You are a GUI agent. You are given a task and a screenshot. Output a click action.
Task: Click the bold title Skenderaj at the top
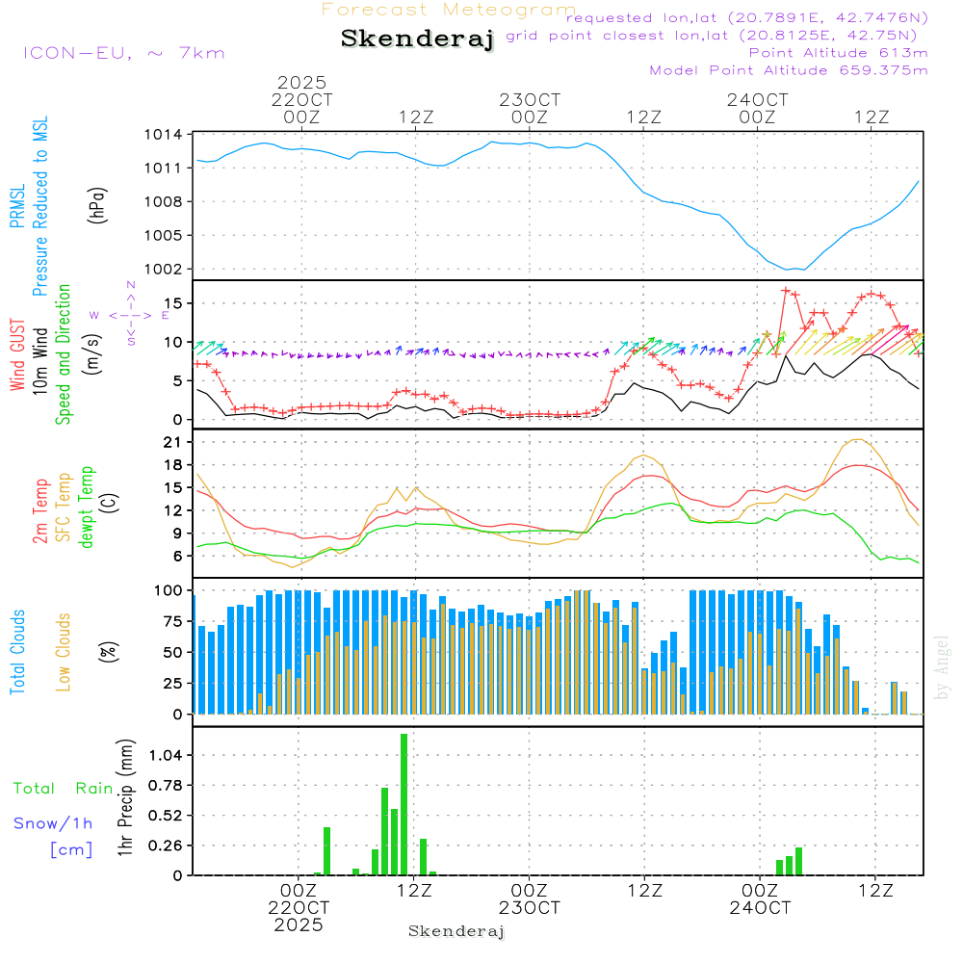(417, 39)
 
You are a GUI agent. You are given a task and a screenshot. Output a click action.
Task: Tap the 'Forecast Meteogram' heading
(449, 10)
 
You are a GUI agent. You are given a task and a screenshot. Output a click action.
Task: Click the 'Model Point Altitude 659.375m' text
(789, 70)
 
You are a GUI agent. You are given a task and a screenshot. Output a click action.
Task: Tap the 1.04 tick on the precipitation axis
(163, 755)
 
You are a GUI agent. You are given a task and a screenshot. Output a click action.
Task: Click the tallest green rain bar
(404, 804)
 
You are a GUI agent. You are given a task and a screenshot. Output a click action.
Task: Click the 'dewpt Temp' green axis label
(88, 507)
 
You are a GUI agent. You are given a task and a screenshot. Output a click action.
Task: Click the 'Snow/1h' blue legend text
(53, 824)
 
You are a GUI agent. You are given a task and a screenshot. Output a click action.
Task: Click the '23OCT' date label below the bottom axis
(530, 908)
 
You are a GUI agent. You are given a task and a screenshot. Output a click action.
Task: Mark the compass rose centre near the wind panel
(131, 315)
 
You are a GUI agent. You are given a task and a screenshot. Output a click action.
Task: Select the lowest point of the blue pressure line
(789, 270)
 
